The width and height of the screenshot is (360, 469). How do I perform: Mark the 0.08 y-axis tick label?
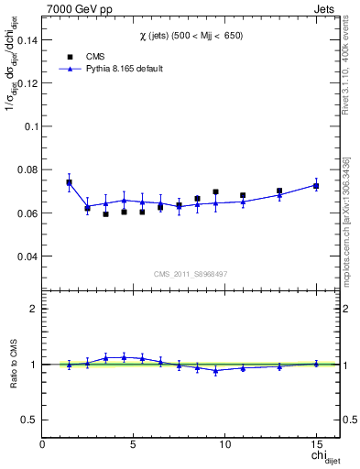[27, 169]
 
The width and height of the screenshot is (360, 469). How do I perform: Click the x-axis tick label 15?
[315, 444]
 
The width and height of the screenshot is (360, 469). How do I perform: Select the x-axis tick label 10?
[224, 444]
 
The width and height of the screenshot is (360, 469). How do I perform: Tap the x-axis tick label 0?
[43, 444]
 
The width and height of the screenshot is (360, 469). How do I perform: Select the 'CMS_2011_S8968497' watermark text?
[190, 273]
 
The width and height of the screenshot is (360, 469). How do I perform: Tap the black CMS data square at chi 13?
[279, 191]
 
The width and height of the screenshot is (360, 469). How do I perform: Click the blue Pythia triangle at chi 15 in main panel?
[316, 185]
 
